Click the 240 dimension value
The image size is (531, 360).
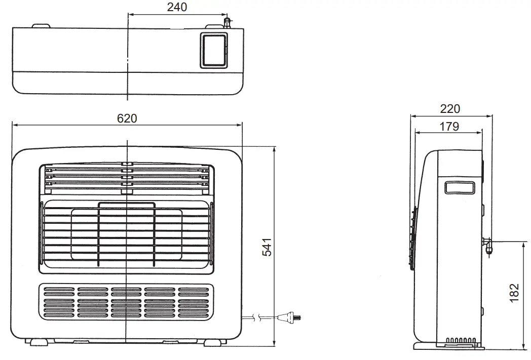click(177, 7)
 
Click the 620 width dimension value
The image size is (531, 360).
click(127, 118)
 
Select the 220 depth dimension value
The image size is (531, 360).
click(450, 108)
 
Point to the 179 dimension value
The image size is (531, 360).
click(449, 126)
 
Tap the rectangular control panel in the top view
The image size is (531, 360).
click(213, 50)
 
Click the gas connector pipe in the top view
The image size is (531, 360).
click(227, 23)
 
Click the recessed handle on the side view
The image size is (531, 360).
click(460, 188)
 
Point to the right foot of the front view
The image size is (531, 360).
click(213, 342)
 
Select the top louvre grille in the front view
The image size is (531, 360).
click(126, 179)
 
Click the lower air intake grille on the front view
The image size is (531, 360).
click(126, 302)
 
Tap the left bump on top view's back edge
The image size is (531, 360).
click(41, 25)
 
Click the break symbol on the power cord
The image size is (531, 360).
click(259, 318)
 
